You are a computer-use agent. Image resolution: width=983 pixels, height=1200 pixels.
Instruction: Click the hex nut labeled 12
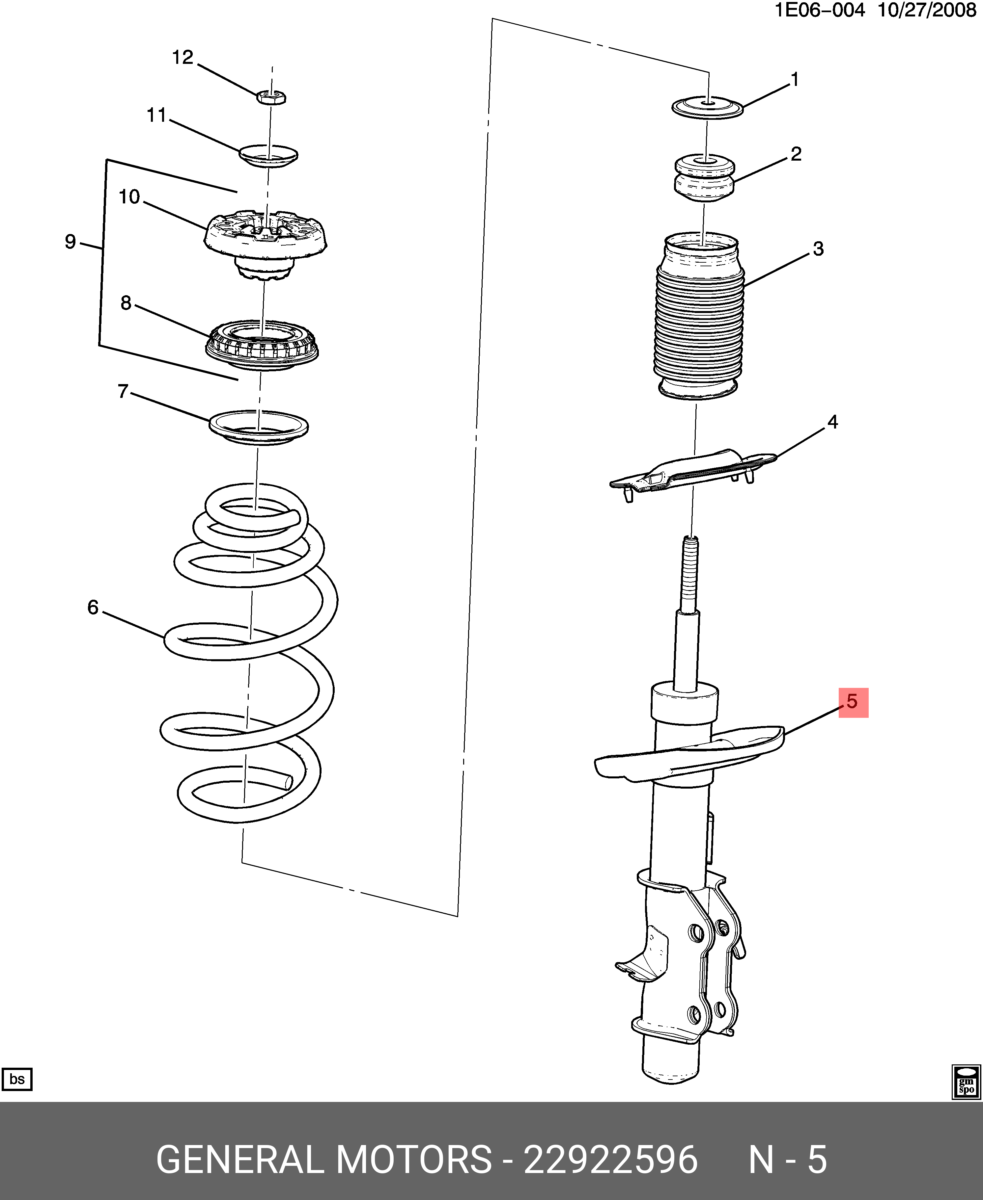[x=271, y=97]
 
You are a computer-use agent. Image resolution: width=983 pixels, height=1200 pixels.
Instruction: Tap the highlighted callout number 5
[x=853, y=702]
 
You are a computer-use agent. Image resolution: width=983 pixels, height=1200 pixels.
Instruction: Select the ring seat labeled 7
[x=259, y=427]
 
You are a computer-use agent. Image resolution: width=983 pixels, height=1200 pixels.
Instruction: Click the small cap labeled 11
[x=268, y=156]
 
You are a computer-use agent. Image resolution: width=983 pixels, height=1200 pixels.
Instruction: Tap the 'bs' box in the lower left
[x=17, y=1079]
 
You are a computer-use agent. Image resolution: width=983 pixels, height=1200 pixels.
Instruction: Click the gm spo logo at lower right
[x=966, y=1082]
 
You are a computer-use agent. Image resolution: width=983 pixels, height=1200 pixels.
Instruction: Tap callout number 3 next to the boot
[x=818, y=248]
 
